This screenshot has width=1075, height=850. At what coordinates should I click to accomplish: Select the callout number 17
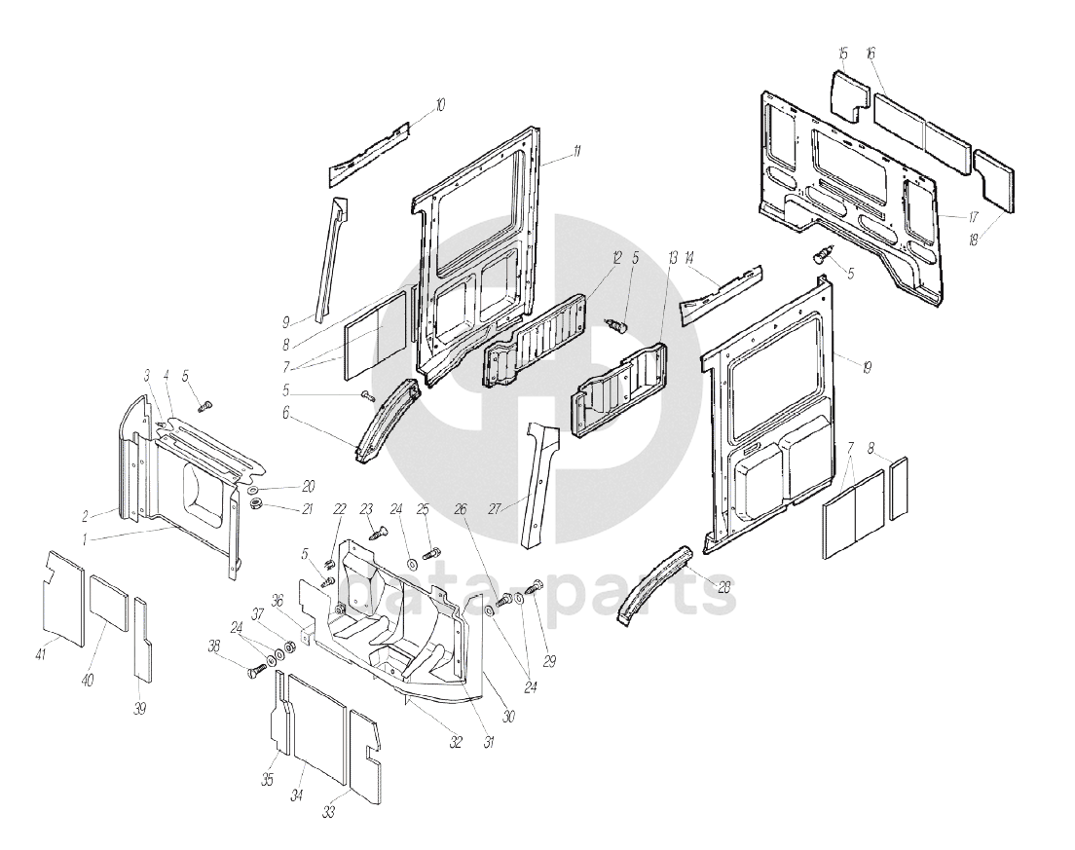[973, 216]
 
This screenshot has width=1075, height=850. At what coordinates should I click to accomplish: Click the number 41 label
[41, 654]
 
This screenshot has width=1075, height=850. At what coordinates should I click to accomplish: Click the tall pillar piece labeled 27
[539, 482]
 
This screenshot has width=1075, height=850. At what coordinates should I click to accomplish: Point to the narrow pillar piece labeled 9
[330, 257]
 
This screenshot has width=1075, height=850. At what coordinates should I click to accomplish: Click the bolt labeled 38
[260, 669]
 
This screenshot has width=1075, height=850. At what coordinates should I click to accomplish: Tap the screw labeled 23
[378, 530]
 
